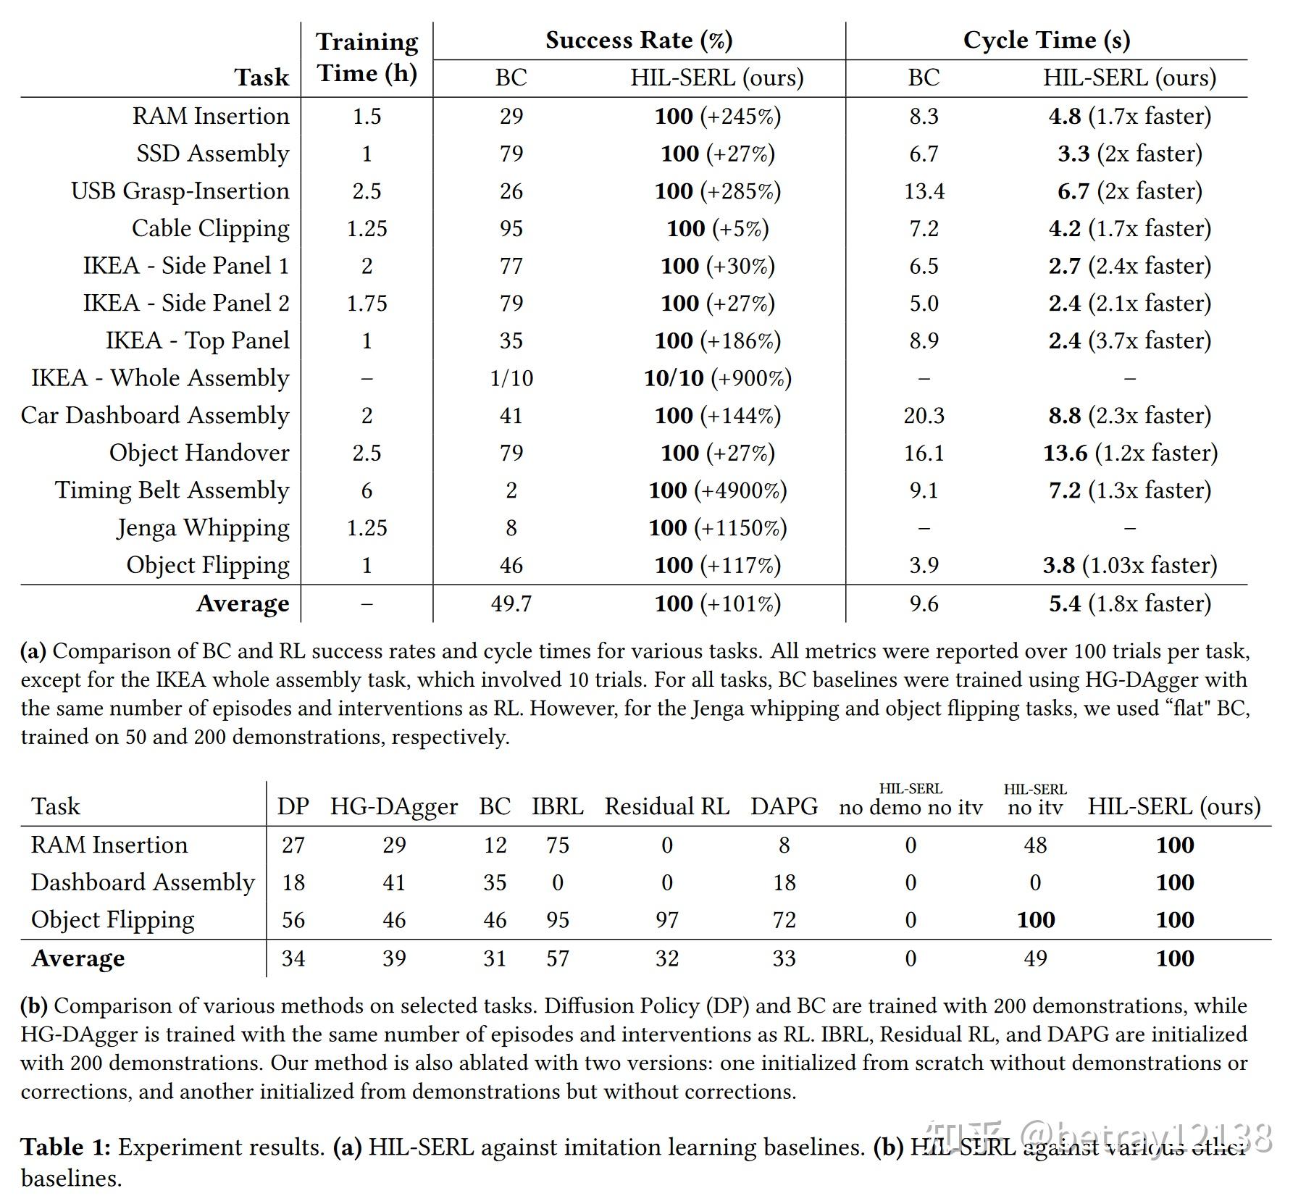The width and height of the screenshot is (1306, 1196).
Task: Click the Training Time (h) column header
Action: [x=367, y=58]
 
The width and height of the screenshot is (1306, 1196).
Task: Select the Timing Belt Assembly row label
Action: [x=172, y=490]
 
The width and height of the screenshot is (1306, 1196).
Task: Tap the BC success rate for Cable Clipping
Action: [x=511, y=228]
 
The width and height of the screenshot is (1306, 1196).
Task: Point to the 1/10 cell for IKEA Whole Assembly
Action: [x=511, y=378]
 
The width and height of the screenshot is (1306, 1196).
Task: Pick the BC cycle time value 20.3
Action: [x=924, y=415]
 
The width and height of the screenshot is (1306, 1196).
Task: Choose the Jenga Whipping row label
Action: [x=203, y=528]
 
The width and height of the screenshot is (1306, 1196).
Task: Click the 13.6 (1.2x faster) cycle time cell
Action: [x=1129, y=453]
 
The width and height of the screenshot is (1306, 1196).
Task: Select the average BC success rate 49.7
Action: [x=511, y=603]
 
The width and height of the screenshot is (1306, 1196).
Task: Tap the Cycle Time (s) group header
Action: [x=1046, y=40]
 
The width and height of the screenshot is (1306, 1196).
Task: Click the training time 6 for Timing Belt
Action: [x=367, y=490]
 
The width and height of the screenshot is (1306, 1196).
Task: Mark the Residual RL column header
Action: [x=666, y=806]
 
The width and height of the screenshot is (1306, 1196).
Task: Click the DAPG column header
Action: [x=784, y=806]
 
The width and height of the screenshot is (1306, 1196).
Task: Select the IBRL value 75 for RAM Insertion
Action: [x=557, y=845]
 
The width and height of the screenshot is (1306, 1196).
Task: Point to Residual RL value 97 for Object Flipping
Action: [x=666, y=920]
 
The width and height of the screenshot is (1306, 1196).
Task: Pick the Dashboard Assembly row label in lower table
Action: [x=143, y=882]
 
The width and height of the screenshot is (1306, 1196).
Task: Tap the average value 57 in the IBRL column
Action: [x=557, y=958]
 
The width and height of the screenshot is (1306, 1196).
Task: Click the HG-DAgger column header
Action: [x=393, y=806]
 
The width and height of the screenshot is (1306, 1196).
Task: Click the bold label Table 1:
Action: [x=65, y=1147]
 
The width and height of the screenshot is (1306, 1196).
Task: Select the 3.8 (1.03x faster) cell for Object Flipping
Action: [x=1129, y=565]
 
